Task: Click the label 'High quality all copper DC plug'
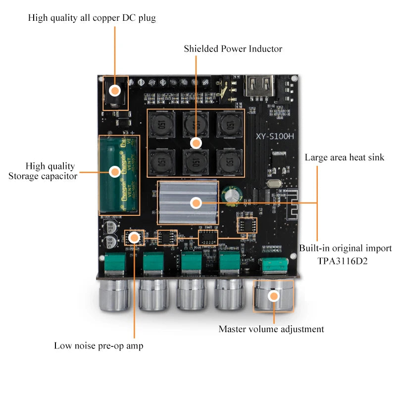click(92, 18)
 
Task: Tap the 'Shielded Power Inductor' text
click(233, 49)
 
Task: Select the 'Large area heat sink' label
click(344, 157)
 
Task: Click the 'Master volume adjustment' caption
click(271, 329)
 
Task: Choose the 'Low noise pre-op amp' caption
click(99, 346)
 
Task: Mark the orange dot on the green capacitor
click(115, 171)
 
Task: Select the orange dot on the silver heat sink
click(196, 202)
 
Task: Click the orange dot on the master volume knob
click(273, 296)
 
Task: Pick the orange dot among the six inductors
click(196, 143)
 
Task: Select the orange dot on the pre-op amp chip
click(134, 238)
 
